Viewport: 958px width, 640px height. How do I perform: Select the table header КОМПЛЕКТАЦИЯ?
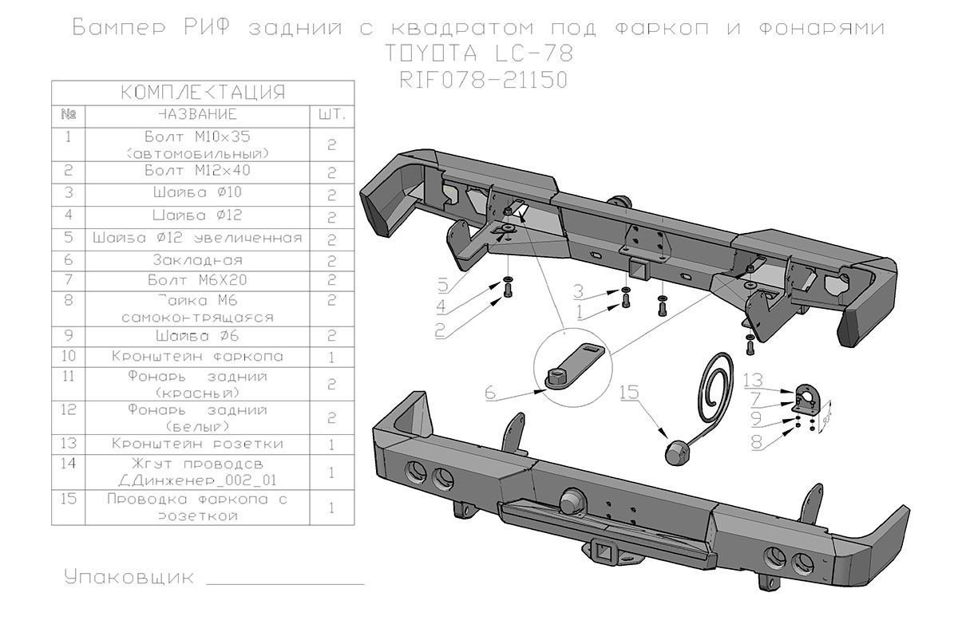[x=202, y=92]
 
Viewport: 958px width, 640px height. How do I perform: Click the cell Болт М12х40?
[x=196, y=171]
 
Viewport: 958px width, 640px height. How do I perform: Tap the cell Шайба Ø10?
[x=196, y=193]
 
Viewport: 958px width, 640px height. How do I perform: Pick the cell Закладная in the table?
[x=196, y=260]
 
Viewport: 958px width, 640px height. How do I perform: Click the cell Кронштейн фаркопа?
[x=196, y=356]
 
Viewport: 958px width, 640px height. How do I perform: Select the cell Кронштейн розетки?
[x=196, y=443]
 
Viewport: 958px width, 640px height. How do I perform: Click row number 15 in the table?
[x=68, y=500]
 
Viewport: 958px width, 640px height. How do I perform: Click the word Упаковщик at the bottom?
[x=129, y=577]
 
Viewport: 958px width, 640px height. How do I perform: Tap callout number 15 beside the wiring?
[x=630, y=392]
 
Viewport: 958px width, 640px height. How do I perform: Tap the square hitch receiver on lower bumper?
[x=601, y=550]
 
